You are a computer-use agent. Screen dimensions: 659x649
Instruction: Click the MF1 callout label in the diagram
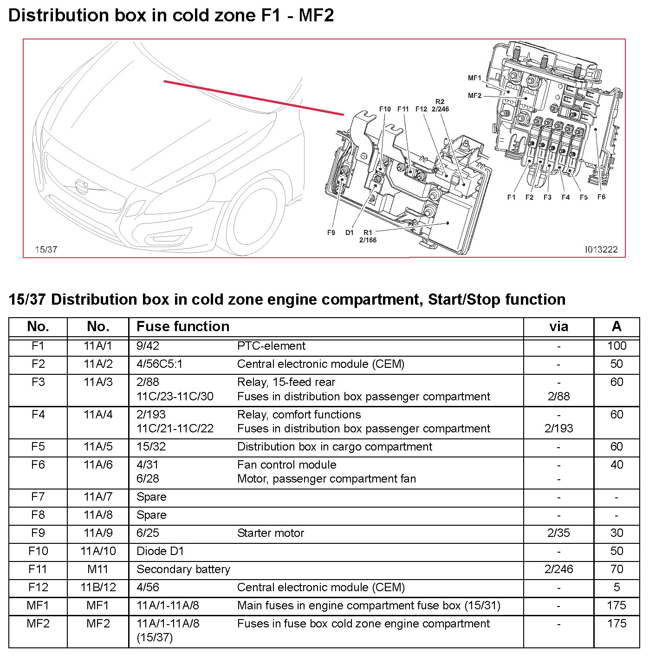tap(474, 78)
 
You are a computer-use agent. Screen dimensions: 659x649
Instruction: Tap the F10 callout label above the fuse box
tap(385, 109)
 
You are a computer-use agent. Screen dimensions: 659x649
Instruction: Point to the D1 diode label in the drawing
tap(350, 233)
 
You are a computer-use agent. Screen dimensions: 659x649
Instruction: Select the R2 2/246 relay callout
tap(440, 105)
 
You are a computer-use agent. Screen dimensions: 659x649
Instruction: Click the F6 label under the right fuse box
tap(601, 197)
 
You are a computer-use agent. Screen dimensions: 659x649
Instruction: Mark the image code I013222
tap(601, 250)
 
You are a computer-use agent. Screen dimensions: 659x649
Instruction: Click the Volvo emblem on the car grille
tap(82, 187)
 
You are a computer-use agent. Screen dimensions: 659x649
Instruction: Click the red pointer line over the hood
tap(253, 98)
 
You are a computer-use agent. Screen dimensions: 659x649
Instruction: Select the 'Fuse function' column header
tap(183, 326)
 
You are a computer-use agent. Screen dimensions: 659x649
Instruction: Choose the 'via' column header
tap(558, 326)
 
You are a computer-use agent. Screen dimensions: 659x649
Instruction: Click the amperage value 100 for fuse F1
tap(617, 346)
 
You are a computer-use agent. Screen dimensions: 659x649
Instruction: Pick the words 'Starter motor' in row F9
tap(271, 533)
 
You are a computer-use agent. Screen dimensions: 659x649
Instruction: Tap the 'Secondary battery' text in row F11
tap(183, 569)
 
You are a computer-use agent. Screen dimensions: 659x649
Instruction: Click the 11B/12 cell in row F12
tap(98, 587)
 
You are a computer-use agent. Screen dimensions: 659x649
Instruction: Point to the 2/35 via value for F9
tap(558, 533)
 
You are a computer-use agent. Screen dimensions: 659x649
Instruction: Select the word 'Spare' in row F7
tap(151, 497)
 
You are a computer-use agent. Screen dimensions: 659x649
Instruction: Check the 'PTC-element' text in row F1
tap(271, 346)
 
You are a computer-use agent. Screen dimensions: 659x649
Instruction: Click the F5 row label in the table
tap(38, 447)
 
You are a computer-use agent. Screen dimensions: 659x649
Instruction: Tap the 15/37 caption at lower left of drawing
tap(46, 250)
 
